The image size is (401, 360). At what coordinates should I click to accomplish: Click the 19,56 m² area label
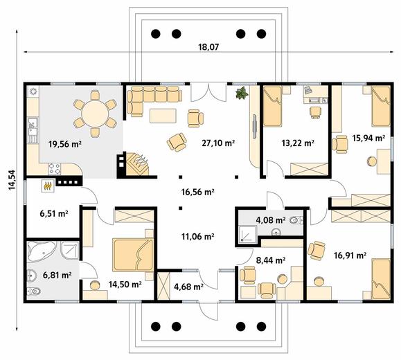tap(65, 144)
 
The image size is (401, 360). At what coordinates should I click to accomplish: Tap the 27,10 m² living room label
tap(218, 143)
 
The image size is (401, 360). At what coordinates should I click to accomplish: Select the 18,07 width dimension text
tap(208, 47)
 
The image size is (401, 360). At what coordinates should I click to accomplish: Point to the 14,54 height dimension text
tap(12, 180)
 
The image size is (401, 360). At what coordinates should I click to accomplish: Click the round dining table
tap(95, 113)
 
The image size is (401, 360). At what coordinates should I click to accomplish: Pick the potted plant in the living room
tap(242, 93)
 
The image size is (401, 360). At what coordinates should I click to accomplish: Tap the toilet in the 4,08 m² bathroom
tap(296, 220)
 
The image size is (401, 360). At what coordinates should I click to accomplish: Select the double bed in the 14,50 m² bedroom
tap(133, 255)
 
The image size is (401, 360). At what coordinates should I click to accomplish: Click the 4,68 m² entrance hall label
tap(188, 287)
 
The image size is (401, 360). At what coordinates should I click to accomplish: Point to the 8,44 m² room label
tap(271, 260)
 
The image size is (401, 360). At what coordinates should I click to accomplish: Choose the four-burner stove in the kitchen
tap(55, 169)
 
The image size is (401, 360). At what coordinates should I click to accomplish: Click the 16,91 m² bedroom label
tap(350, 255)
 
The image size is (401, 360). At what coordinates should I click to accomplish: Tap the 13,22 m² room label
tap(298, 143)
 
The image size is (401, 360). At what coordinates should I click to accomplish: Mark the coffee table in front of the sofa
tap(163, 116)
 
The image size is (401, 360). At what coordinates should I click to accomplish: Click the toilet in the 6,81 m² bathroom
tap(34, 291)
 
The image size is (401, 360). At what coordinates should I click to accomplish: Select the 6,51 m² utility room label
tap(54, 213)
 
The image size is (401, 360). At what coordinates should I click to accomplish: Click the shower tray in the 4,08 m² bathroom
tap(248, 234)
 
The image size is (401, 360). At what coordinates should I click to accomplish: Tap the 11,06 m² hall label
tap(197, 237)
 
